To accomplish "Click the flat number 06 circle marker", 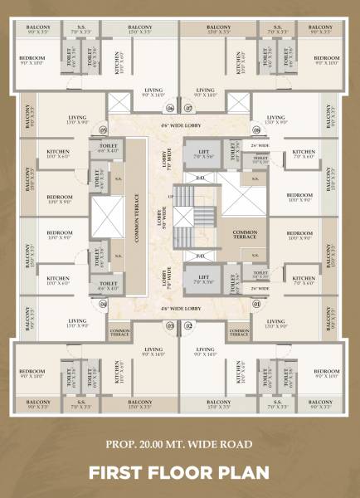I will click(x=170, y=109).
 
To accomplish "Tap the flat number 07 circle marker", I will click(x=188, y=109).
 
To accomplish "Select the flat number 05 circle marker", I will click(x=104, y=129).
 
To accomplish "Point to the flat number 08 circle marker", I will click(x=255, y=129).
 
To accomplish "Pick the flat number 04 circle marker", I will click(x=104, y=304).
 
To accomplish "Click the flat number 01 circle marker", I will click(x=255, y=304).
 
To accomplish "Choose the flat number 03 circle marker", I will click(x=170, y=325).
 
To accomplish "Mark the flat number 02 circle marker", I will click(x=188, y=325).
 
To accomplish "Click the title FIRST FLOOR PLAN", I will click(x=180, y=472).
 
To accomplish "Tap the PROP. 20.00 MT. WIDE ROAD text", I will click(x=180, y=445).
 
